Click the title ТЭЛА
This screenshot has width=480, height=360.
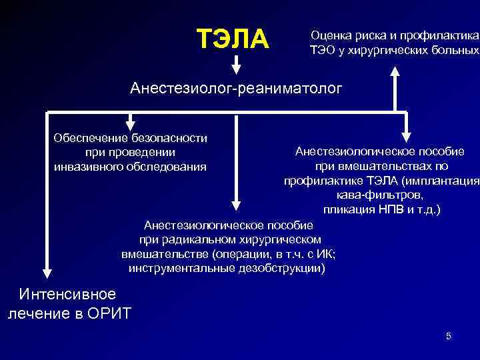point(233,39)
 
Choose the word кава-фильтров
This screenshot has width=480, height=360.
point(379,195)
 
